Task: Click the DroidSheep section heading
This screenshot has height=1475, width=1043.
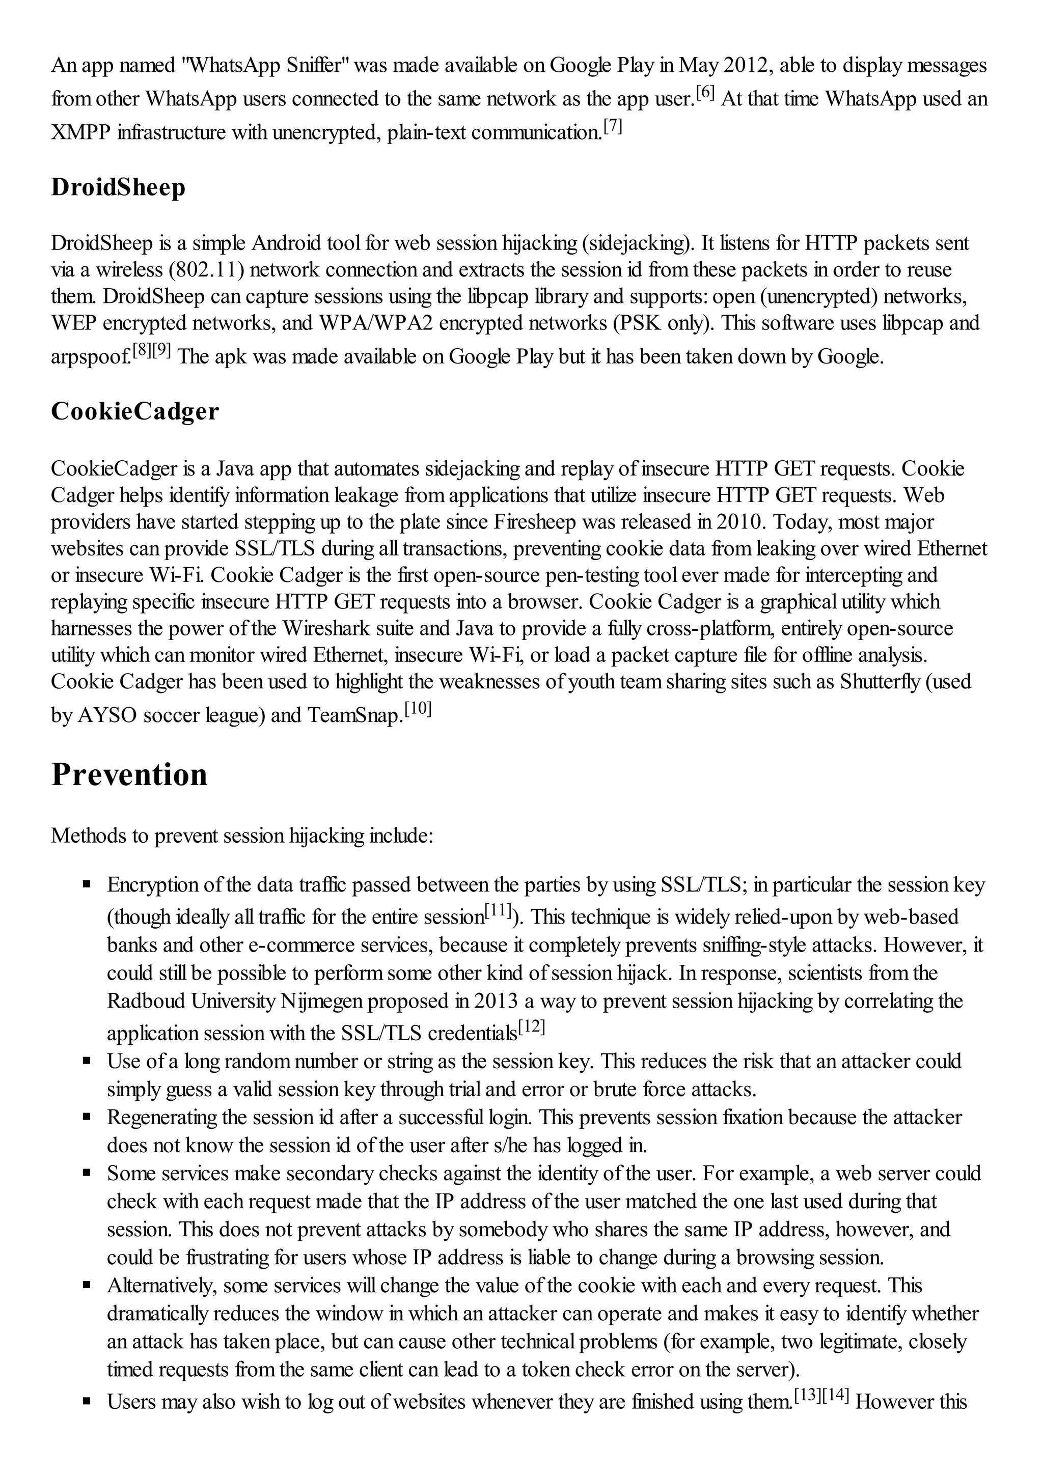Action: pyautogui.click(x=118, y=187)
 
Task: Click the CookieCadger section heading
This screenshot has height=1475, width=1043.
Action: pyautogui.click(x=135, y=412)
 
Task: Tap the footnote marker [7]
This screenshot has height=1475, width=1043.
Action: pyautogui.click(x=613, y=127)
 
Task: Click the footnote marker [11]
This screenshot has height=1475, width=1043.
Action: pyautogui.click(x=498, y=910)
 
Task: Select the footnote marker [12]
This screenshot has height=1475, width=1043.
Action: pyautogui.click(x=532, y=1027)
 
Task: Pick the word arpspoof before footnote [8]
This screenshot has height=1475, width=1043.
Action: pyautogui.click(x=91, y=356)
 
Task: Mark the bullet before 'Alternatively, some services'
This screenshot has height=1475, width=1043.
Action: pyautogui.click(x=87, y=1286)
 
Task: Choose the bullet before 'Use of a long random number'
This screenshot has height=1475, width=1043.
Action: pyautogui.click(x=87, y=1061)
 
